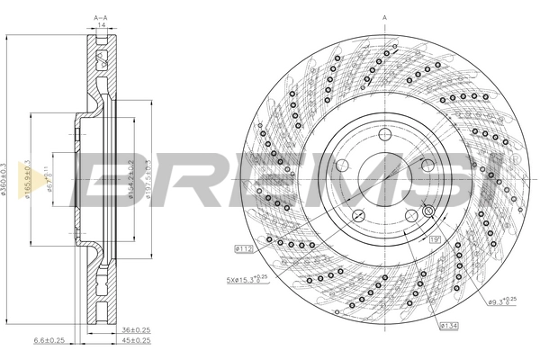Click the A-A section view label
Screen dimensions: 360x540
point(101,17)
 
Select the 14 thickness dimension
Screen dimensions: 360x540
point(101,27)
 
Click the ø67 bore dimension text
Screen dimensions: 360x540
point(49,168)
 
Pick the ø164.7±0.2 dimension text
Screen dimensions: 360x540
point(130,178)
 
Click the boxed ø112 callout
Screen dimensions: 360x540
point(242,247)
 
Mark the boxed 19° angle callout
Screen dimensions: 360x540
point(434,240)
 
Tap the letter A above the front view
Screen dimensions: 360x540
point(384,17)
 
